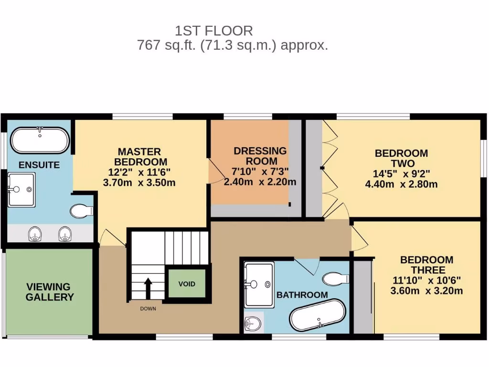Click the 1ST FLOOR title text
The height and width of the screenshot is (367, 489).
[x=213, y=31]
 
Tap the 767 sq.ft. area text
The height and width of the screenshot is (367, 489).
[x=232, y=46]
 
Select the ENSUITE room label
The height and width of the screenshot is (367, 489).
[x=39, y=165]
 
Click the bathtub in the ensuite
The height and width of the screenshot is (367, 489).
[x=40, y=140]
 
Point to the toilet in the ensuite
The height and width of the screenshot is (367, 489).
[x=82, y=211]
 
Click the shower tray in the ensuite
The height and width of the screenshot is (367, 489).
[x=21, y=190]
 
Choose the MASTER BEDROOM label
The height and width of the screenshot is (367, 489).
[x=139, y=157]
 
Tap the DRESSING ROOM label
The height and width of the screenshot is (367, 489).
[x=260, y=156]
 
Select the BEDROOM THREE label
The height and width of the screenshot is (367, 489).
[x=426, y=265]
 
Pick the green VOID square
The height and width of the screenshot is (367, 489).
[x=187, y=284]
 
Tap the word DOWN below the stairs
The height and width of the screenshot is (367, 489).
[x=148, y=309]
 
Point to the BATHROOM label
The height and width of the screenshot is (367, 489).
[x=302, y=295]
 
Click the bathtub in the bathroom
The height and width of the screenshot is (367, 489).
[x=317, y=315]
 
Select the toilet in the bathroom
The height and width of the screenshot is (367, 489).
[x=335, y=278]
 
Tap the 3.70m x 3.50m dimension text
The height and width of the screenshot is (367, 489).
[x=139, y=183]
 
